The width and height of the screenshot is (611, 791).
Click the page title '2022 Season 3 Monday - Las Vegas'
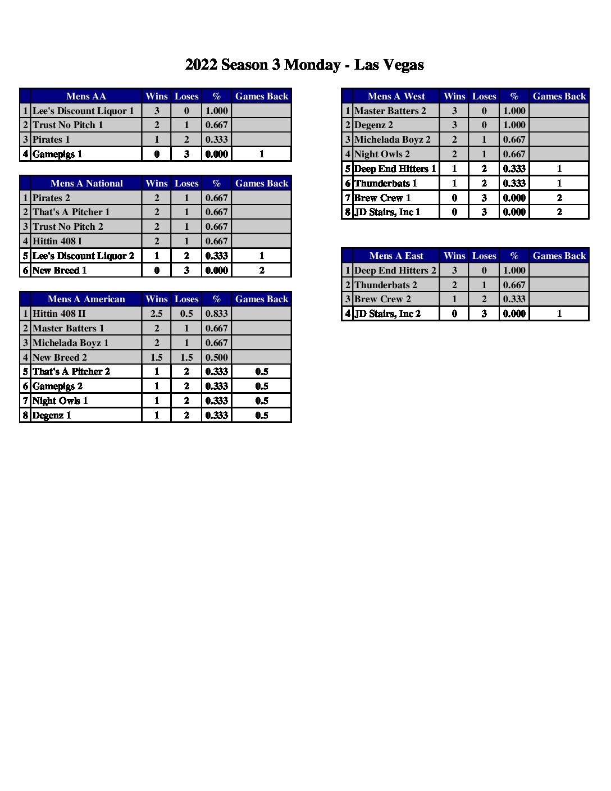[304, 65]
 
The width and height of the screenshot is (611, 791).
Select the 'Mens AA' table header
[86, 96]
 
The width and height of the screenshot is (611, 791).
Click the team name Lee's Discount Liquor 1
[83, 111]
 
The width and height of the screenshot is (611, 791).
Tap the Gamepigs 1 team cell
[57, 154]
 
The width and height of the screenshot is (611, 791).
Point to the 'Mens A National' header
[86, 183]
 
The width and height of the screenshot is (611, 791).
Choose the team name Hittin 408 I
[57, 241]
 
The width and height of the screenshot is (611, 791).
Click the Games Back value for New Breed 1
[262, 270]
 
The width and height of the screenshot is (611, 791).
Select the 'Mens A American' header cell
[86, 299]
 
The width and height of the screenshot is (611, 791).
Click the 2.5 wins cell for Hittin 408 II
[157, 313]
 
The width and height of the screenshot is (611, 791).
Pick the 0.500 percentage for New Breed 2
[217, 357]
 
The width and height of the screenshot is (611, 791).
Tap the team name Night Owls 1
[60, 401]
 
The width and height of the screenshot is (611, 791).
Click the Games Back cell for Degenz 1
[262, 415]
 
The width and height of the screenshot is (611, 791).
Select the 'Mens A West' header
[396, 96]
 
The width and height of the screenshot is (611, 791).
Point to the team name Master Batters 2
[390, 111]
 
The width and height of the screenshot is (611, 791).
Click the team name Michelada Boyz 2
[392, 139]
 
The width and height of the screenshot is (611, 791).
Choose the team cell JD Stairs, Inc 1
[387, 212]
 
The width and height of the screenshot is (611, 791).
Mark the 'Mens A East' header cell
[396, 256]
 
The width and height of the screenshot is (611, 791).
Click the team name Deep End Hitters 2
[395, 270]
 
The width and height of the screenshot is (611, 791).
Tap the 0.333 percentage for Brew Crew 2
[514, 299]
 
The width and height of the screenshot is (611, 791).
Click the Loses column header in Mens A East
[484, 256]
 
